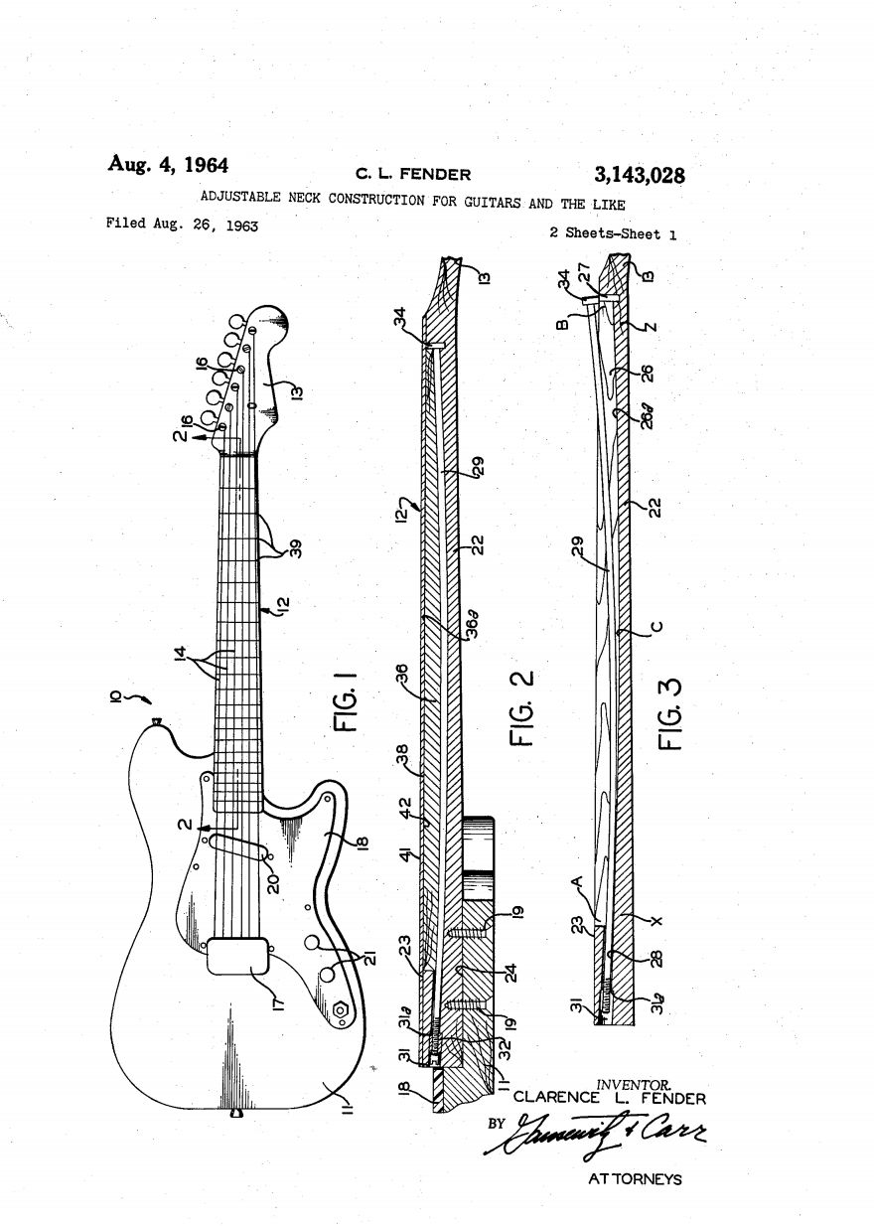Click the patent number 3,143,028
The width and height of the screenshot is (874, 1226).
tap(639, 176)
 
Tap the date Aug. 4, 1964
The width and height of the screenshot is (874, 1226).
tap(168, 164)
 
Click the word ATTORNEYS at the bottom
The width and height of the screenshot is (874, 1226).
tap(636, 1179)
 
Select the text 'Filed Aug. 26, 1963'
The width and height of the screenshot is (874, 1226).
tap(182, 226)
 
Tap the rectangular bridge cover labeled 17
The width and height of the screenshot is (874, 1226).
tap(239, 955)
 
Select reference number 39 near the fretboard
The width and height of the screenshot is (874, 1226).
tap(295, 548)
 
